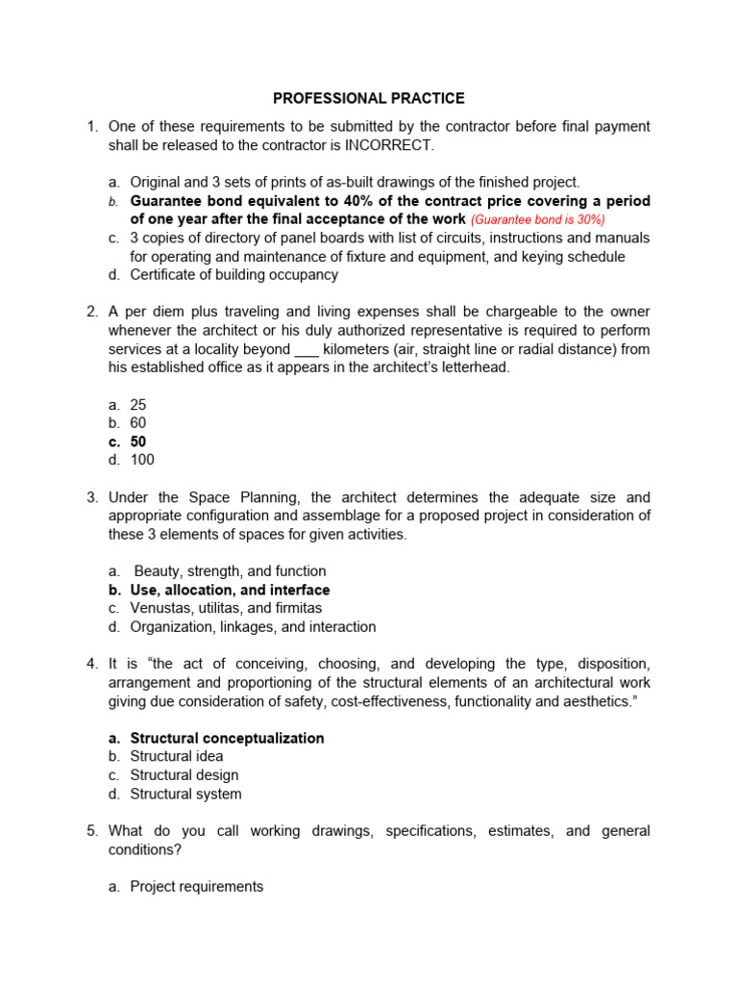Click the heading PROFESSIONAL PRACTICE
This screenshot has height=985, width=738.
[369, 98]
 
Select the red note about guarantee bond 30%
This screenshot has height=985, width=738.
[538, 219]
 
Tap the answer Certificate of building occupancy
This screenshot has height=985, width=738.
[234, 275]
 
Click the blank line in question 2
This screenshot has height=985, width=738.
[307, 349]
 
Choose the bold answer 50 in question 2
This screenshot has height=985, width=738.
[138, 442]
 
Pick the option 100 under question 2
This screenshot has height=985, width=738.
[142, 460]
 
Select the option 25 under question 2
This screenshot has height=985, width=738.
[138, 405]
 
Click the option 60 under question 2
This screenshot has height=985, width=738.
[138, 423]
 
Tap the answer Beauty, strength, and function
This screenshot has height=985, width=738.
[230, 571]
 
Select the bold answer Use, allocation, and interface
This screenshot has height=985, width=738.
[230, 590]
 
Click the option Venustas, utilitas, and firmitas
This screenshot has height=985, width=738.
[226, 608]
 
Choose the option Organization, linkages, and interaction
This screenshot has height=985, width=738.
[253, 627]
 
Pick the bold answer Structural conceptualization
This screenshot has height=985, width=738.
[227, 738]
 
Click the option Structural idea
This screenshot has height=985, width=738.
[177, 756]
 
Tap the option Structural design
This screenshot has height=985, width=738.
[184, 775]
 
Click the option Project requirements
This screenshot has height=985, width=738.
[196, 886]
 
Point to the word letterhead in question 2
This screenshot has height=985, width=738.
[475, 367]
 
